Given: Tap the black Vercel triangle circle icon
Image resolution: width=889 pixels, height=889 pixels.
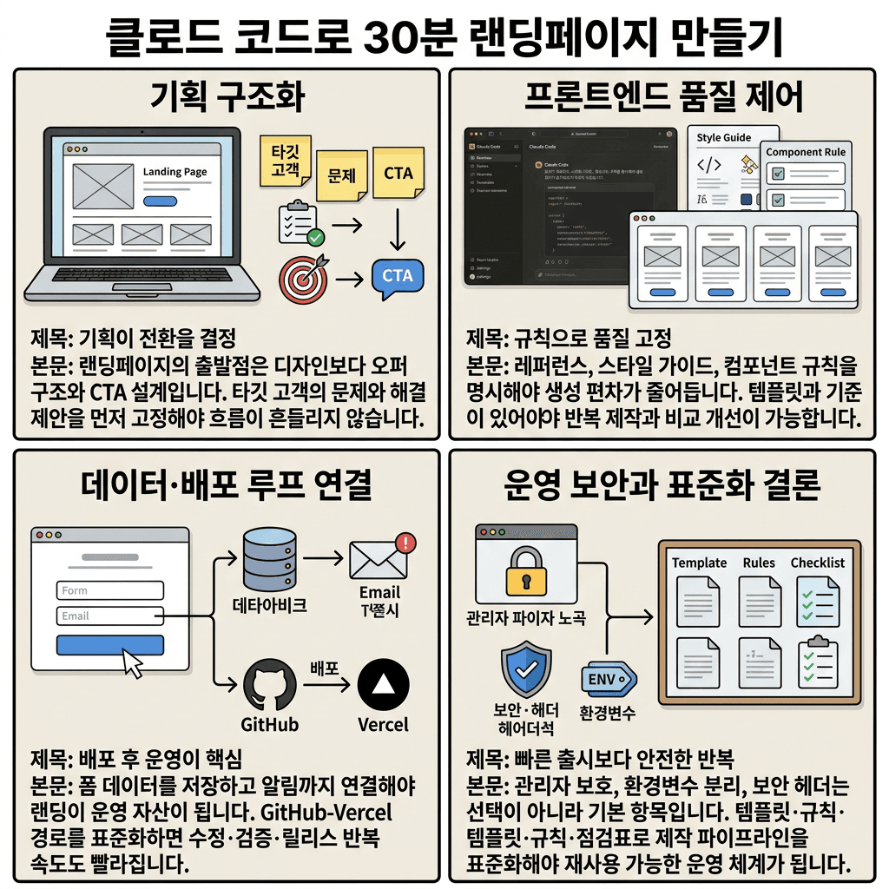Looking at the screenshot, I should tap(383, 684).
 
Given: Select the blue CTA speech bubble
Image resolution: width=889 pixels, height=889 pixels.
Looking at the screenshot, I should tap(398, 276).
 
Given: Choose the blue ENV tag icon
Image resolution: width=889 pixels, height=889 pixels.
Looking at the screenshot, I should tap(608, 679).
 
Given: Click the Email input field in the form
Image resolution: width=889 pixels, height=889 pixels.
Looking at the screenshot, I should tap(110, 616).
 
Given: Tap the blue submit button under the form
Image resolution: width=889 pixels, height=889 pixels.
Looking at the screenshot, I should tap(110, 645).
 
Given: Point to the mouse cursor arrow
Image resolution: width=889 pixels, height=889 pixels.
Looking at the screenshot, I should tap(132, 664).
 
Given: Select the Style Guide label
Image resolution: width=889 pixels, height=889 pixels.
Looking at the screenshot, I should tap(723, 137).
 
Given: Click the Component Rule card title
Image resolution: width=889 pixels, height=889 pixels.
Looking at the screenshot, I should tap(805, 152).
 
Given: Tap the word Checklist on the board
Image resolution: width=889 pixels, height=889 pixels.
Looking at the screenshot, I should tap(817, 563).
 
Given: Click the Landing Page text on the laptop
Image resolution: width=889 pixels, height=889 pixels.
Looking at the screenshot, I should tap(175, 172).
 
